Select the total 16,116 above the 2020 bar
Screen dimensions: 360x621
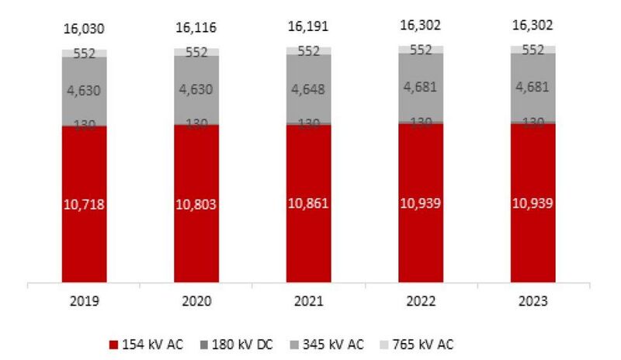coord(196,29)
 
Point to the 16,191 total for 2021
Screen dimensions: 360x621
coord(308,27)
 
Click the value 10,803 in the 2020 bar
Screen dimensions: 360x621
coord(196,206)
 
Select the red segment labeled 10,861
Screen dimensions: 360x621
coord(308,206)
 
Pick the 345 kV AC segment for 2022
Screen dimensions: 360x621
coord(420,88)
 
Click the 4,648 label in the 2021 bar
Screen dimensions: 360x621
coord(308,88)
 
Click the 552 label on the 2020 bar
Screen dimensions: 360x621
coord(196,53)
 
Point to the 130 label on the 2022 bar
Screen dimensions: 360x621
coord(420,123)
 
